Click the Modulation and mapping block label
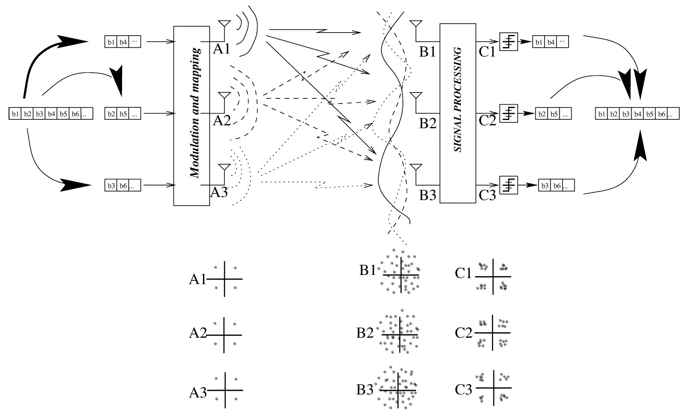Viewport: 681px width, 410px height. click(x=195, y=113)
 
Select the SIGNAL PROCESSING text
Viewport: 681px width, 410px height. click(x=458, y=99)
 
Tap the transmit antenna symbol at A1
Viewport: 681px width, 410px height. click(x=225, y=24)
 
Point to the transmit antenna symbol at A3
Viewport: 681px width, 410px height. click(x=225, y=167)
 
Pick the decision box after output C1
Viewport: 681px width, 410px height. click(x=509, y=42)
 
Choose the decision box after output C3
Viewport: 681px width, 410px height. click(x=509, y=185)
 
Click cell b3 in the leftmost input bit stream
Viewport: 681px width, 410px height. click(x=39, y=114)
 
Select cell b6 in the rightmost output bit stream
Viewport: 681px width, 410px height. click(x=661, y=114)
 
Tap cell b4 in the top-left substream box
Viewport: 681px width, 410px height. click(x=123, y=42)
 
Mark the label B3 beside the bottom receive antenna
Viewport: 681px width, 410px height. click(x=428, y=195)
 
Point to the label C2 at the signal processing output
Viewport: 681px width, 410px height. click(x=487, y=120)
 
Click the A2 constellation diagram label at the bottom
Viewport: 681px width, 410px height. click(x=198, y=333)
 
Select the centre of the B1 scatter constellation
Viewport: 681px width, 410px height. click(x=401, y=275)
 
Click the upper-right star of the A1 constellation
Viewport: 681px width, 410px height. click(x=235, y=268)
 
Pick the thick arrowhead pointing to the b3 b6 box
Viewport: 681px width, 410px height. click(x=77, y=185)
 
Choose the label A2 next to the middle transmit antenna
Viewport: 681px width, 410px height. click(x=222, y=121)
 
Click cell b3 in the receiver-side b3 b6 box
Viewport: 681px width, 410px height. click(x=545, y=186)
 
